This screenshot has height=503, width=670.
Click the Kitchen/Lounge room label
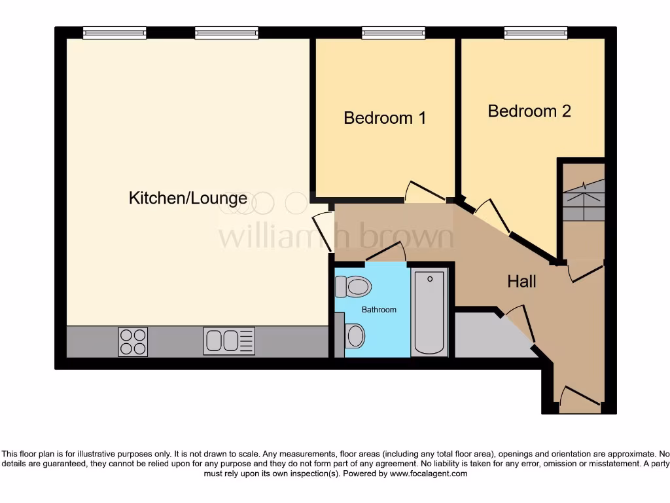click(188, 198)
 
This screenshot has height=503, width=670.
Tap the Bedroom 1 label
click(385, 118)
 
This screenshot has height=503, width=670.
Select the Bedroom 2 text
click(529, 111)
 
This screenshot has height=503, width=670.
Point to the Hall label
click(521, 282)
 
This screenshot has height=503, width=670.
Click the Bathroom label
click(379, 309)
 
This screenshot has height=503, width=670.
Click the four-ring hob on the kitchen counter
click(133, 341)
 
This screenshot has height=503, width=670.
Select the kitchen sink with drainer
click(229, 341)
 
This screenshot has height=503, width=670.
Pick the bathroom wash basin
click(354, 336)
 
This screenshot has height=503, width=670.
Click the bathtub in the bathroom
click(429, 312)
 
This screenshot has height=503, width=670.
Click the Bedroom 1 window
click(393, 32)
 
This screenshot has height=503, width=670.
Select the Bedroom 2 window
click(535, 32)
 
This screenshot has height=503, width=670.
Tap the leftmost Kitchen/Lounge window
click(115, 32)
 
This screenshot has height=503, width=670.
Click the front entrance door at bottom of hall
click(580, 397)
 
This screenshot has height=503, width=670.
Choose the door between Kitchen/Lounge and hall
click(323, 223)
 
